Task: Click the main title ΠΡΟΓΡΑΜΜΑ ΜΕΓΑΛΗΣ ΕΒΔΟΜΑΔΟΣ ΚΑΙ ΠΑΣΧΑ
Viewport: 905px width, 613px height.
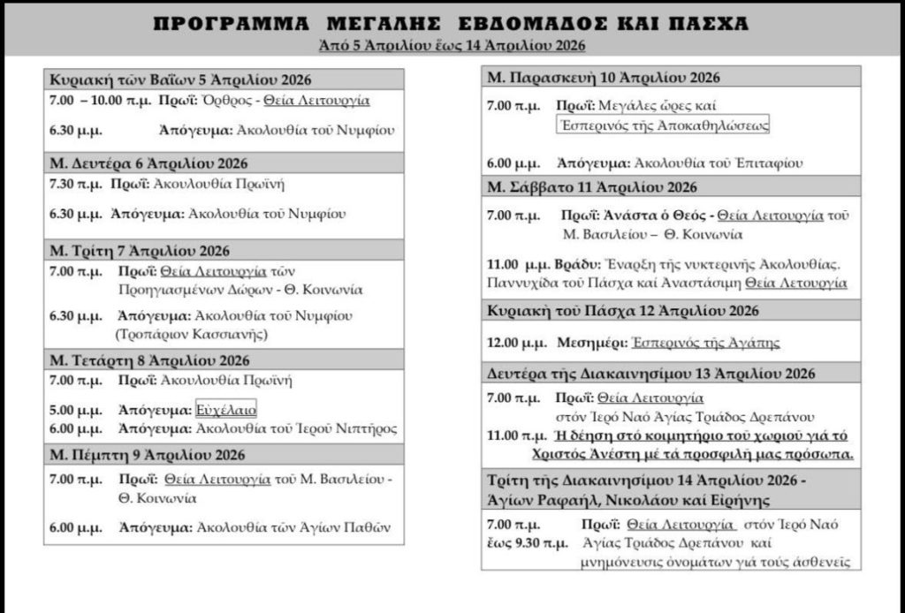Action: pyautogui.click(x=452, y=22)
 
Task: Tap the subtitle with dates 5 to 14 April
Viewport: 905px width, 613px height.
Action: pyautogui.click(x=452, y=44)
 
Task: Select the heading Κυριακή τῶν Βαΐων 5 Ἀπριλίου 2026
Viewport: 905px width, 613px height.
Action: pyautogui.click(x=180, y=79)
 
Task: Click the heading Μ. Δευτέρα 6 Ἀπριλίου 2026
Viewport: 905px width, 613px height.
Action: pyautogui.click(x=148, y=163)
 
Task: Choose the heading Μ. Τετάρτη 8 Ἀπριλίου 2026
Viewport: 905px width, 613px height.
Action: pyautogui.click(x=149, y=360)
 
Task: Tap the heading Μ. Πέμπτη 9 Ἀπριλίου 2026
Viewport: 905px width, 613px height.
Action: pyautogui.click(x=147, y=455)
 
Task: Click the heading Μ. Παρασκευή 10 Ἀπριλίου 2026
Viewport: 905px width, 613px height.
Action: pyautogui.click(x=604, y=77)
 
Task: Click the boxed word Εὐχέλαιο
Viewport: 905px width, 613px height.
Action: pyautogui.click(x=225, y=410)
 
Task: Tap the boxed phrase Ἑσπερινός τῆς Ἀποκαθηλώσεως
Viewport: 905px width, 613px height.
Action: pyautogui.click(x=663, y=125)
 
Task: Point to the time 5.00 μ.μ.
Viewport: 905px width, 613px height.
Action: pyautogui.click(x=76, y=410)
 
